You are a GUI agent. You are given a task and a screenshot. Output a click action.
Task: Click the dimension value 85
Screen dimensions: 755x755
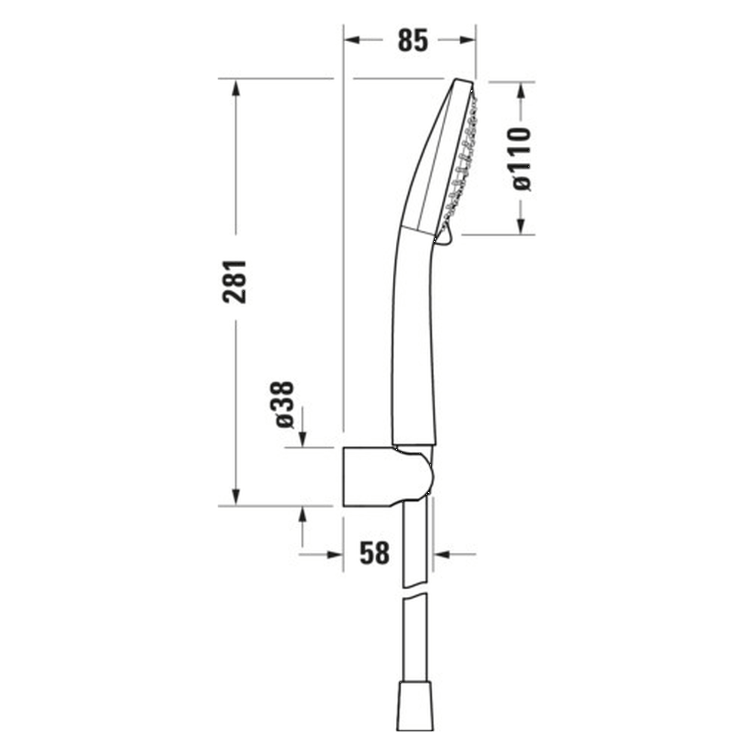click(412, 40)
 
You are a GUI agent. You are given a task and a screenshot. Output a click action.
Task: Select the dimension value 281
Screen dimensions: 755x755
click(234, 281)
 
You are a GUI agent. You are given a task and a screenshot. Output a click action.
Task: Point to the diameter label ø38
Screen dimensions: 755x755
click(284, 405)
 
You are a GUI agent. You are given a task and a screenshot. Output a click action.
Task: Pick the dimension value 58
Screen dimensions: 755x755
click(375, 553)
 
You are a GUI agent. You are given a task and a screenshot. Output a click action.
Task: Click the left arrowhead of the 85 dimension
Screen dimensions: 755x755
click(352, 40)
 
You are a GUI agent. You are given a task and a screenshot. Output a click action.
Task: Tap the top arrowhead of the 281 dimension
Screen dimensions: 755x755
click(235, 87)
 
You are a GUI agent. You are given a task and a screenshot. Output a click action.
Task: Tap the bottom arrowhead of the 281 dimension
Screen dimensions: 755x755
click(235, 497)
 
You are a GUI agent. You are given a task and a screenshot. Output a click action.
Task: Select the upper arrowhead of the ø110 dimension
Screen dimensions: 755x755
click(521, 90)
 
